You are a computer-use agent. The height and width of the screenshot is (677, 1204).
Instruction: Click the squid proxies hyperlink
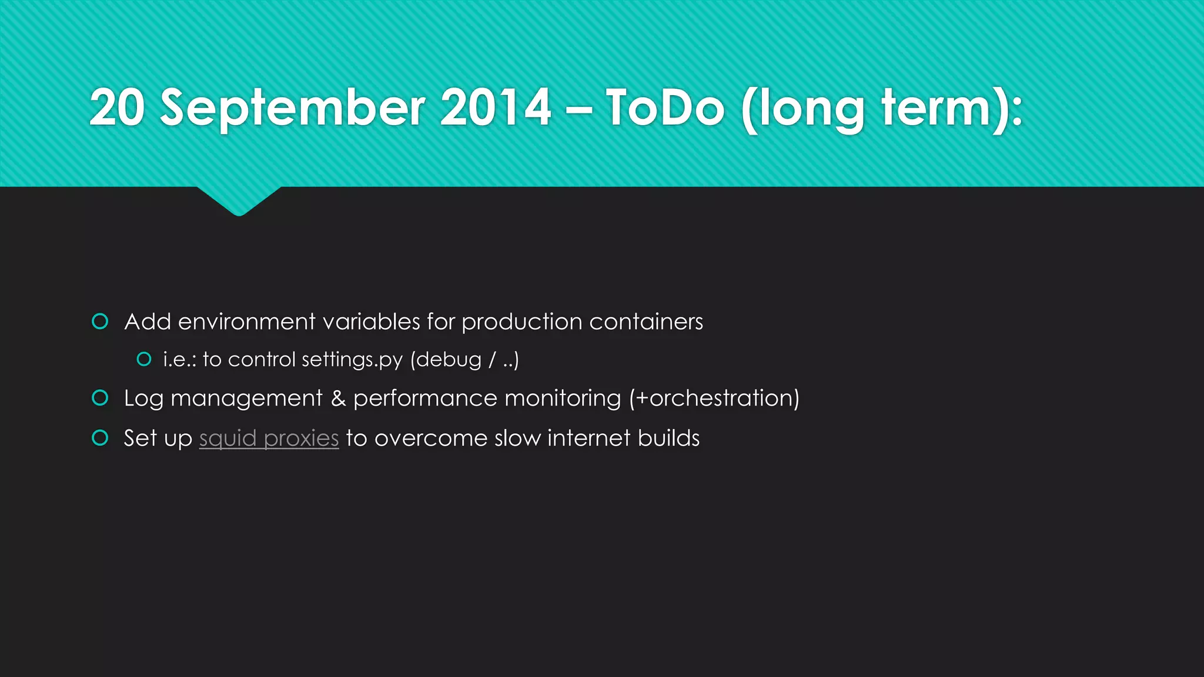click(269, 438)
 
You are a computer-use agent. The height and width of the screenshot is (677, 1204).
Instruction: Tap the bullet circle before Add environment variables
click(101, 321)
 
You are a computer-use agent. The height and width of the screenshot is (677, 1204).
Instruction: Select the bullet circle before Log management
click(101, 398)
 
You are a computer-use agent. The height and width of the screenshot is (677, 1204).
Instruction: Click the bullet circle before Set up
click(101, 438)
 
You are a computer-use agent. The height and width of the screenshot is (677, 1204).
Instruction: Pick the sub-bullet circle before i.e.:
click(144, 359)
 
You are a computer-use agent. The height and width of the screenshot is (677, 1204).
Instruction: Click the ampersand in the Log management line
click(338, 398)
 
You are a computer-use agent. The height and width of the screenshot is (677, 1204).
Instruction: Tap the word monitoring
click(563, 398)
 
